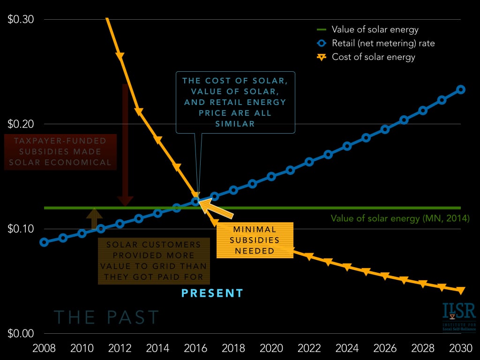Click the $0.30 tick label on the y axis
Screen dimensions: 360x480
click(21, 20)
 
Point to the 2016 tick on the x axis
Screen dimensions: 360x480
click(195, 349)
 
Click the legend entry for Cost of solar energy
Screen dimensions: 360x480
click(373, 57)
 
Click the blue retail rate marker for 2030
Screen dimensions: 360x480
click(461, 90)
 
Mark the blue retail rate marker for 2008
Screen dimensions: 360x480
click(44, 242)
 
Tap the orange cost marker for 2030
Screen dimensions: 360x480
click(461, 291)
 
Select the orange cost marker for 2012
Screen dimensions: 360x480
click(120, 56)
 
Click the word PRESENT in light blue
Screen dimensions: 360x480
click(212, 293)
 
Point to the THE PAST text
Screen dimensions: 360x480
click(106, 317)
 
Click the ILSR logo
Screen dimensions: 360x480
click(458, 316)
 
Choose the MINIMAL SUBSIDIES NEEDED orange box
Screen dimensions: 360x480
click(255, 240)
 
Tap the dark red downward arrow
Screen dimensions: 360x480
click(125, 145)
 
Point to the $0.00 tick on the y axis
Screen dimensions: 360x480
click(21, 333)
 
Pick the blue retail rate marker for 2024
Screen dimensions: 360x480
click(347, 146)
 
